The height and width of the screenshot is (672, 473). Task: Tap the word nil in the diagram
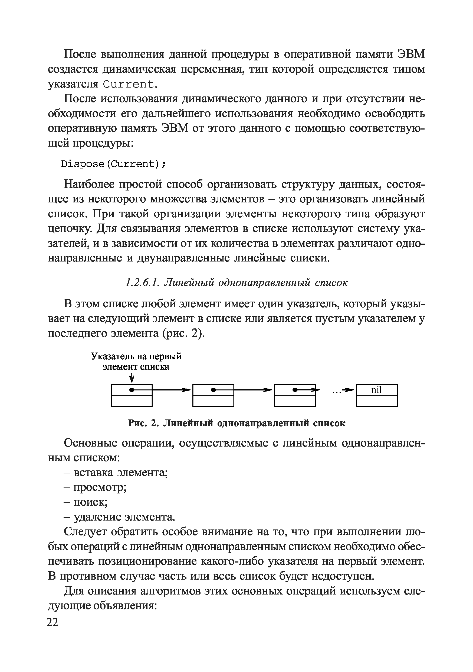376,390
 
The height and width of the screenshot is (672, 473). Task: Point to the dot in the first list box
132,390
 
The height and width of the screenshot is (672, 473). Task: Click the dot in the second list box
214,390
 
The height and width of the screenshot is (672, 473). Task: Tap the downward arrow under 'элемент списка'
132,378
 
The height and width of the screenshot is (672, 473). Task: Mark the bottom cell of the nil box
376,401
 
